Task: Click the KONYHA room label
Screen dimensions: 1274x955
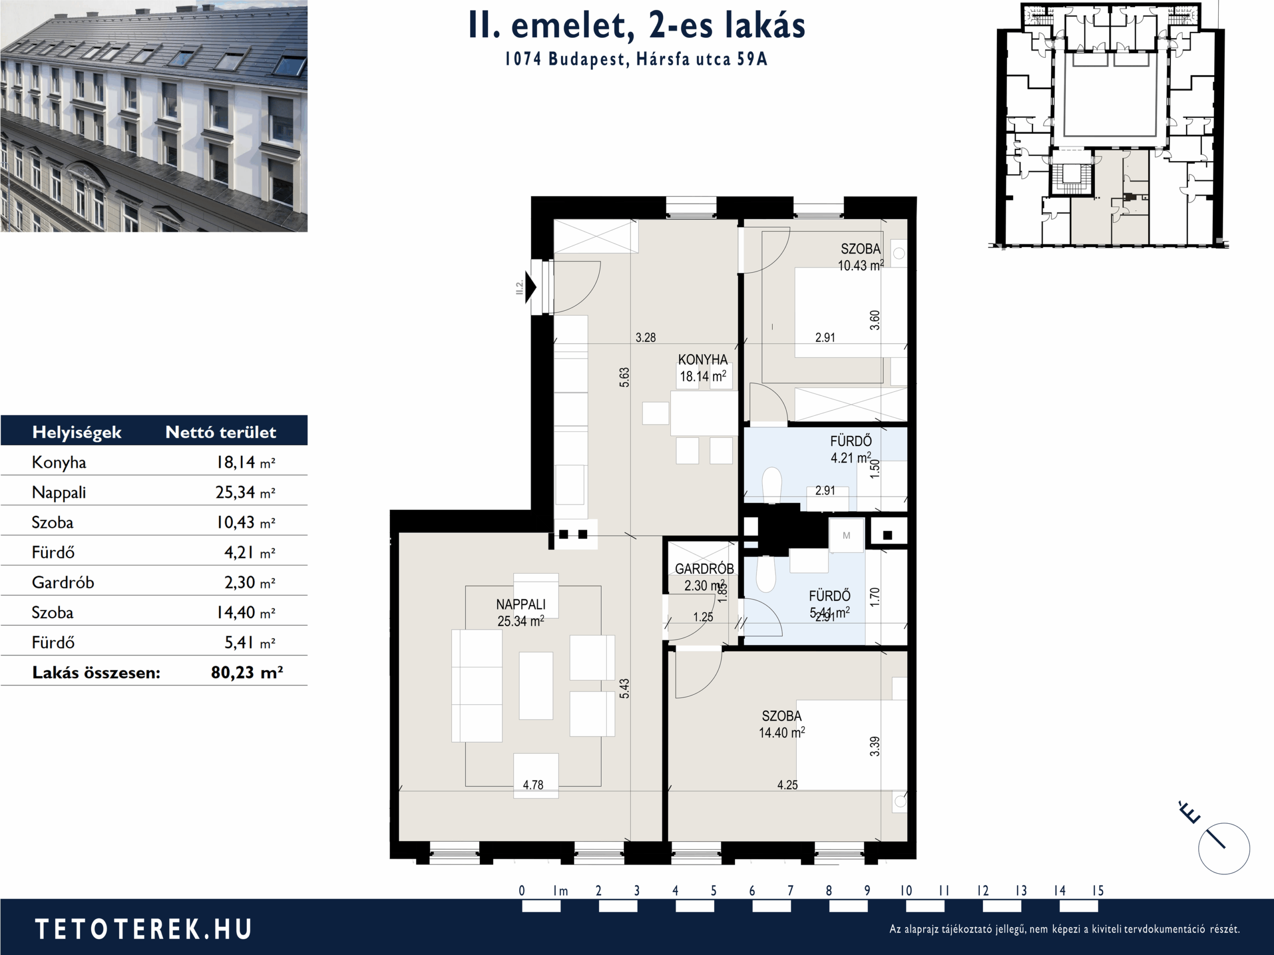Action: (703, 360)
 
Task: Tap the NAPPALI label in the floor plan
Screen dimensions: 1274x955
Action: (521, 604)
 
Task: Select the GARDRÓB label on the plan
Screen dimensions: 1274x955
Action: (704, 569)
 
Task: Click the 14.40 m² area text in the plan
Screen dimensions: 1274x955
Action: (781, 733)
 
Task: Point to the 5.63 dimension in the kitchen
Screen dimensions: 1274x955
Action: (625, 377)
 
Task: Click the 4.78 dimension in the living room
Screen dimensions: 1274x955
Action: (533, 784)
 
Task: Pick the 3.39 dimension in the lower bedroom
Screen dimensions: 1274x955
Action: (874, 746)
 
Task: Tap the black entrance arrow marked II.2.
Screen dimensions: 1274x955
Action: (531, 286)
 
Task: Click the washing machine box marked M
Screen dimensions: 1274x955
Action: (846, 535)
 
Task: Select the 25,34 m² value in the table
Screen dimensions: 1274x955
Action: (245, 493)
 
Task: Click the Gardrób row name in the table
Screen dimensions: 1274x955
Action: (63, 582)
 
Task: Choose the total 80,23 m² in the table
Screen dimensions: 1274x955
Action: (247, 672)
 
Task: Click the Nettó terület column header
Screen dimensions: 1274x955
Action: (220, 432)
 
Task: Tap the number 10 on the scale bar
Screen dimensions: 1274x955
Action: (906, 890)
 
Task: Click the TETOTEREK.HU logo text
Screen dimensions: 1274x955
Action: (143, 929)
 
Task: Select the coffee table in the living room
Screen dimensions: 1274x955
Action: (535, 685)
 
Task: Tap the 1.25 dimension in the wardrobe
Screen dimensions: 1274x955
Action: (703, 617)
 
